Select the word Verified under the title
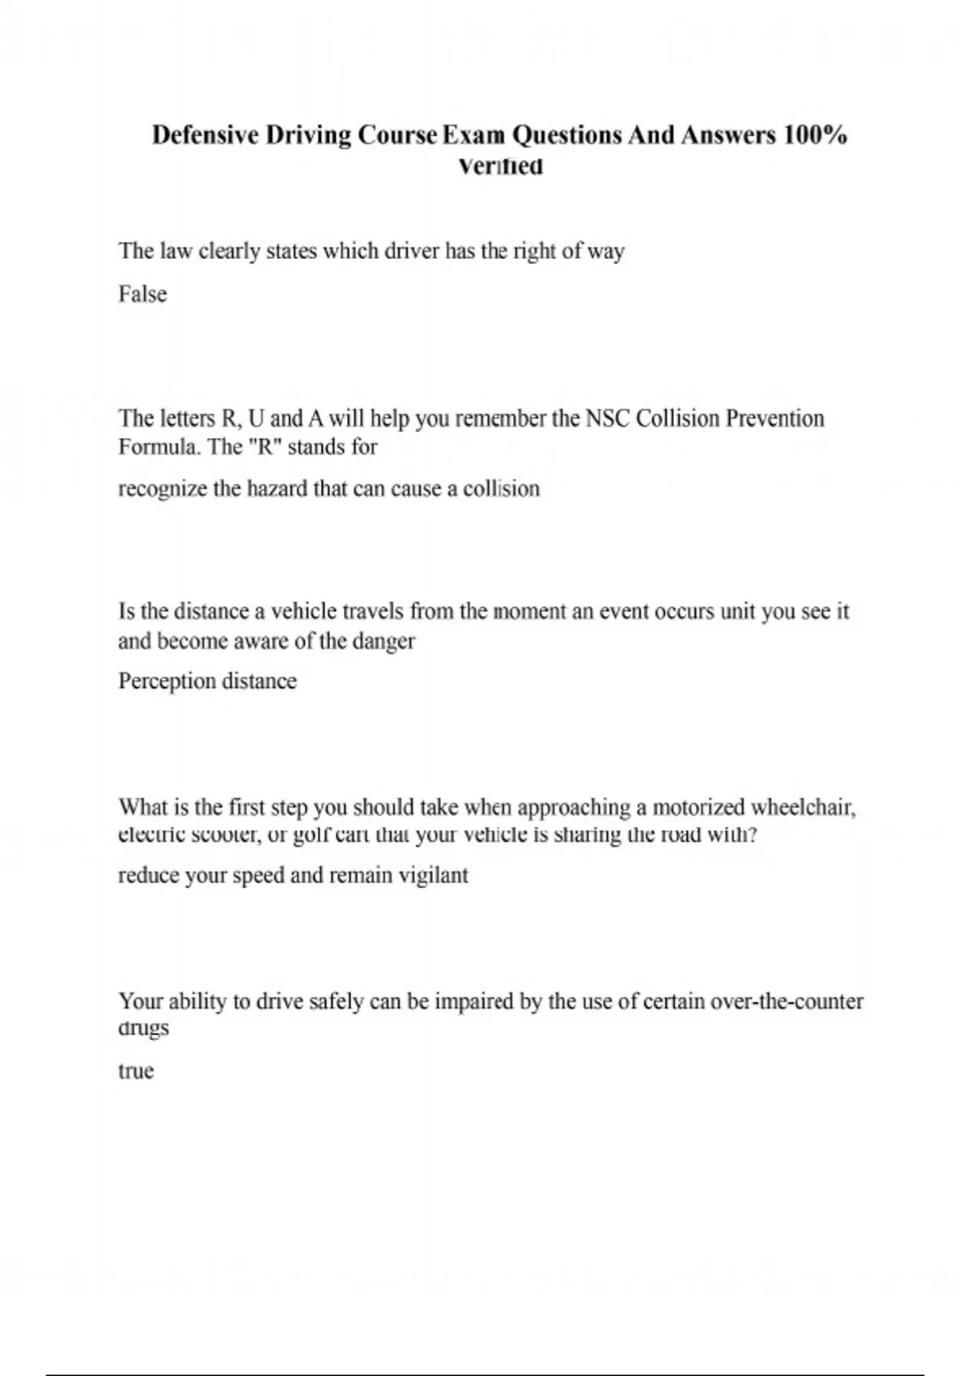tap(500, 167)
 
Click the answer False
tap(142, 294)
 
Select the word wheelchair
tap(804, 807)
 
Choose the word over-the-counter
tap(787, 1001)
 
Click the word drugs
tap(143, 1029)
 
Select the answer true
tap(136, 1071)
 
